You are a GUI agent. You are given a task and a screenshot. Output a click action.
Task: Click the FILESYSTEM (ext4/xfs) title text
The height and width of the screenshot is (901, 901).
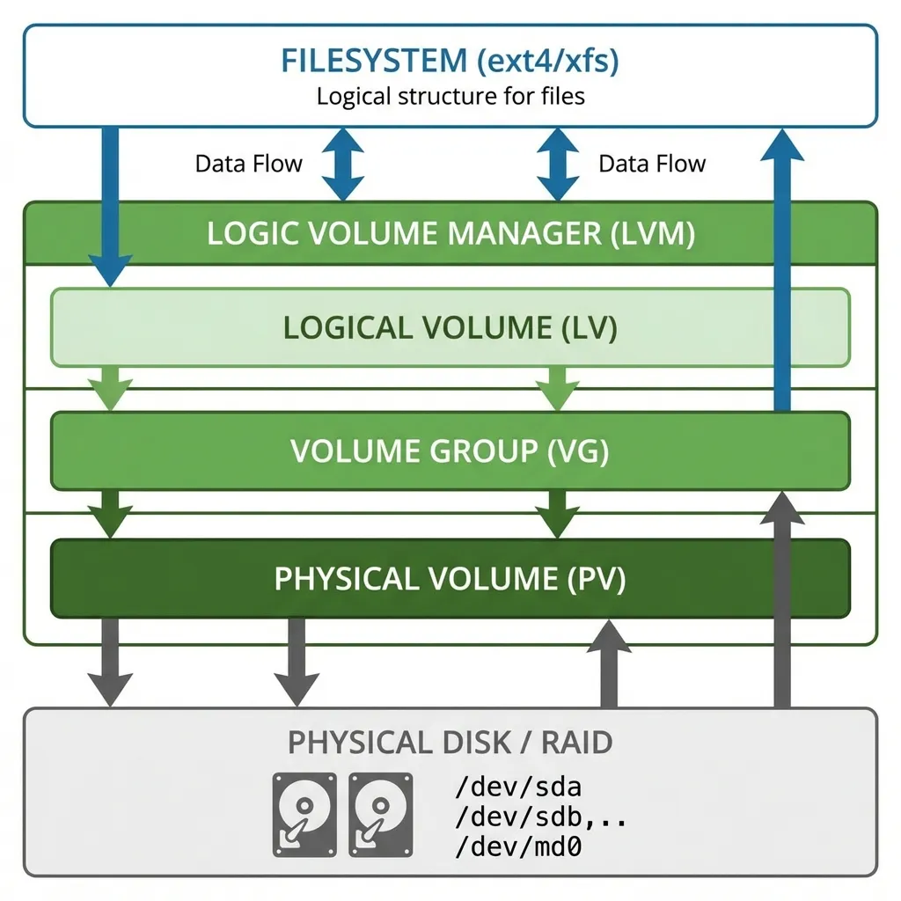(x=450, y=61)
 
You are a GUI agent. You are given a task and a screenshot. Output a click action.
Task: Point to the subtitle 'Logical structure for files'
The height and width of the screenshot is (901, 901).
(x=450, y=95)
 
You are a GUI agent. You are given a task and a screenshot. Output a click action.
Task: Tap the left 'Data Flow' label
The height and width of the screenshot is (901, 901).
(x=248, y=164)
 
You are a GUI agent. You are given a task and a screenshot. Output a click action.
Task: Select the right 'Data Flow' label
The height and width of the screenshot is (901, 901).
(x=652, y=164)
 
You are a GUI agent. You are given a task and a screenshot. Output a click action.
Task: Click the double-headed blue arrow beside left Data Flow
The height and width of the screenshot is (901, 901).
(x=341, y=164)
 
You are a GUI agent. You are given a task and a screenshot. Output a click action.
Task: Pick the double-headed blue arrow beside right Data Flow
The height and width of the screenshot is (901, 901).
(x=558, y=164)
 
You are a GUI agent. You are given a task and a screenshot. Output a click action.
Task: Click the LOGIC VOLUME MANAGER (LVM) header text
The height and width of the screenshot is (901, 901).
(x=450, y=234)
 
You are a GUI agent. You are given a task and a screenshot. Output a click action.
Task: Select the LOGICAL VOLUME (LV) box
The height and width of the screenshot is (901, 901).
(x=450, y=327)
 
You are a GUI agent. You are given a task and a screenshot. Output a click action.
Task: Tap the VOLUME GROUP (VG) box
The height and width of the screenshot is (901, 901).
(x=450, y=451)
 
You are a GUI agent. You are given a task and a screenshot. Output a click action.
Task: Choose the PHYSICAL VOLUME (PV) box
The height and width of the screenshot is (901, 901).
(x=450, y=579)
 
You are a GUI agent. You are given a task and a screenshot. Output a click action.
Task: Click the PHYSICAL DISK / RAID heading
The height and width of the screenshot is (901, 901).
(x=450, y=742)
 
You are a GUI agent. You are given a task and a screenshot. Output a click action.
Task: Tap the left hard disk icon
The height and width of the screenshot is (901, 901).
(x=304, y=814)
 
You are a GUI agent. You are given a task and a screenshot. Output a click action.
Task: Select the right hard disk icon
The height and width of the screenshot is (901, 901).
(x=380, y=814)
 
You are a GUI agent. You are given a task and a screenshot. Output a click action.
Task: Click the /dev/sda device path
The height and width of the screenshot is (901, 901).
(x=518, y=786)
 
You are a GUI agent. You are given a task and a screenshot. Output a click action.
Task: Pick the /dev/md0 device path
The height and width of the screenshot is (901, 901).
(x=518, y=846)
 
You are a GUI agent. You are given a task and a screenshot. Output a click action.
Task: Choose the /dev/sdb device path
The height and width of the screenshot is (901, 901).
(x=518, y=817)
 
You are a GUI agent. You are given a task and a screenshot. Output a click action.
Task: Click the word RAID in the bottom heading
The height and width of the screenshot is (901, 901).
(x=577, y=742)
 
